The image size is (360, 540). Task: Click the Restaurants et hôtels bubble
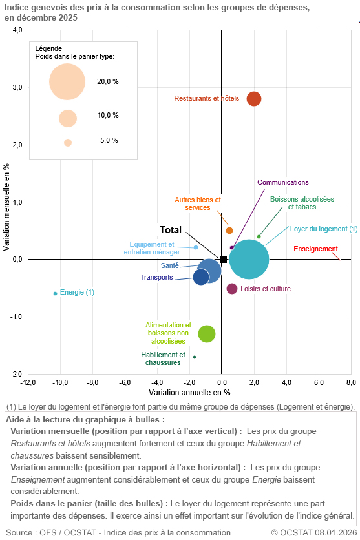[x=254, y=99]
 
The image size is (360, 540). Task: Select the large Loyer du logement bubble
[x=249, y=260]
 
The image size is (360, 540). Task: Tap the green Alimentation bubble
[x=207, y=333]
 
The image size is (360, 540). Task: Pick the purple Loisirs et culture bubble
[x=232, y=289]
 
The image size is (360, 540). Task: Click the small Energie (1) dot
[x=55, y=293]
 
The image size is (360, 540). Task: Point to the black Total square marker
[x=223, y=260]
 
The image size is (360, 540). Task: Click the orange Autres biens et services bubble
[x=229, y=231]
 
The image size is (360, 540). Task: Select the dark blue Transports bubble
[x=201, y=277]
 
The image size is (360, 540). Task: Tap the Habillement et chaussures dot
[x=195, y=357]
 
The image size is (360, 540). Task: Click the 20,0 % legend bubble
[x=67, y=81]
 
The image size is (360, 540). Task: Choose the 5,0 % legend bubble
[x=68, y=143]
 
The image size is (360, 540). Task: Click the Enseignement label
[x=315, y=249]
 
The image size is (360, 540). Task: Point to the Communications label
[x=283, y=183]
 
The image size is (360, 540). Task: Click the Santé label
[x=169, y=265]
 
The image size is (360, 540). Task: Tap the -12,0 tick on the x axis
[x=28, y=382]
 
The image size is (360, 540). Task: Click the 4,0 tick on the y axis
[x=17, y=30]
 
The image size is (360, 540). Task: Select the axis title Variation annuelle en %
[x=189, y=392]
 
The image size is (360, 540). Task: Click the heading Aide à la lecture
[x=85, y=419]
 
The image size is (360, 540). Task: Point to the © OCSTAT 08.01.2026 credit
[x=314, y=532]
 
